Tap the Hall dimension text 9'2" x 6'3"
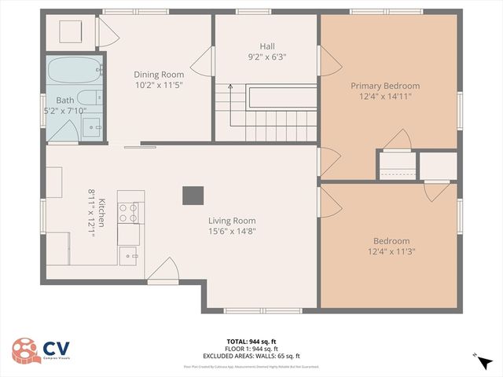[x=267, y=57]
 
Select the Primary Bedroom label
[x=385, y=86]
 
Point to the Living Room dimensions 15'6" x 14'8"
[x=232, y=231]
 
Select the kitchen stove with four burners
[x=128, y=212]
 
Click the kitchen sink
[x=128, y=254]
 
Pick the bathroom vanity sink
[x=92, y=126]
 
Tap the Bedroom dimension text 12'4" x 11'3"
[x=391, y=251]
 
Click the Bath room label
[x=64, y=101]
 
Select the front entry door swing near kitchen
[x=161, y=271]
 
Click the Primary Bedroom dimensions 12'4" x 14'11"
[x=385, y=97]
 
